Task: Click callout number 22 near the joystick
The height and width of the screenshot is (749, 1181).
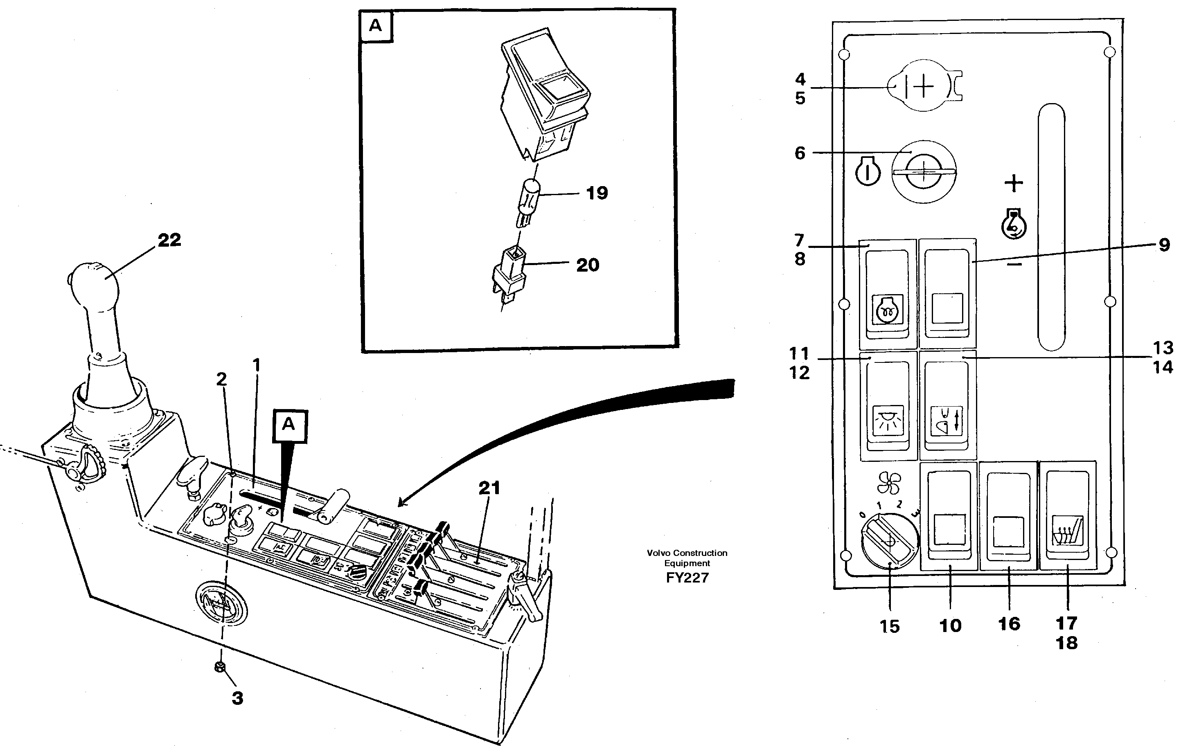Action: [169, 240]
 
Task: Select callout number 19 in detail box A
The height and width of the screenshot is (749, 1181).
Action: [597, 193]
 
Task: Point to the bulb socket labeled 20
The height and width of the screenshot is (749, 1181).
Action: [510, 274]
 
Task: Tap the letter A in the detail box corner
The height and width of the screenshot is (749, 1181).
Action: [375, 25]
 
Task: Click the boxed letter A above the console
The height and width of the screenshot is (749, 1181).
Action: [289, 425]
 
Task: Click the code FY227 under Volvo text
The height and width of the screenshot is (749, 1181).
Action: [687, 578]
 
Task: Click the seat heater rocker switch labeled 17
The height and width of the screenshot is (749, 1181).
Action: [1067, 515]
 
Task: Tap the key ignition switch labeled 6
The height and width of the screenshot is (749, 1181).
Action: [924, 171]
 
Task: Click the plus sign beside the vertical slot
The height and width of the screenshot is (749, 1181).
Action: [1014, 183]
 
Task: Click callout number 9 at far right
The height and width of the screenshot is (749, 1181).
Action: [1164, 245]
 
